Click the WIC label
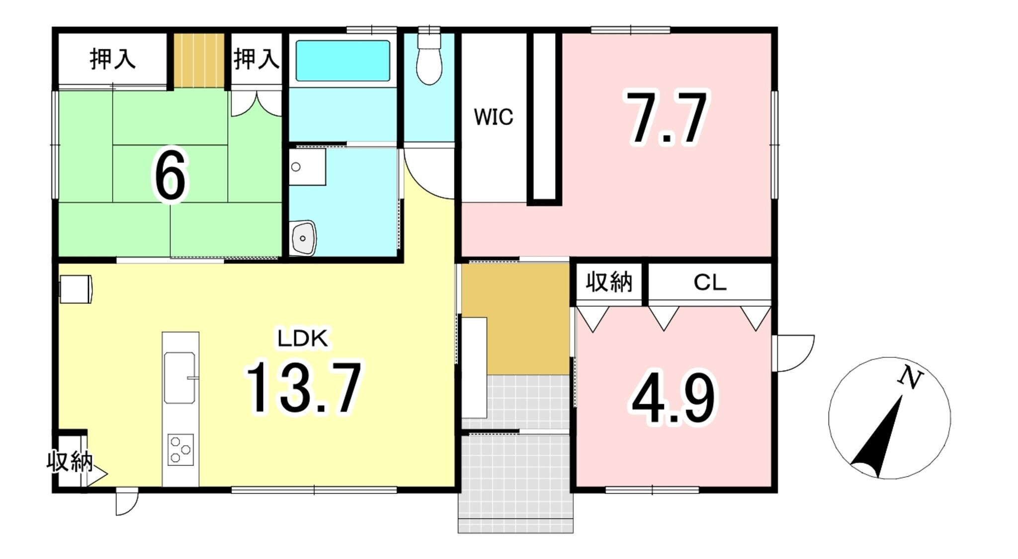tap(493, 117)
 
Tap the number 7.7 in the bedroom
tap(667, 118)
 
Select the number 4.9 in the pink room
tap(674, 399)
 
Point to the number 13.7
tap(303, 388)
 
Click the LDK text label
tap(303, 339)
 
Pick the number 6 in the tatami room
tap(170, 176)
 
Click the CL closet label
tap(710, 282)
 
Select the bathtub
tap(342, 61)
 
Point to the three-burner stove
tap(180, 450)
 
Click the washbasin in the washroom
tap(303, 238)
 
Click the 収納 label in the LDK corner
tap(70, 461)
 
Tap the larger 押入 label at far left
tap(113, 59)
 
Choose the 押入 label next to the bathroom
tap(256, 59)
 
